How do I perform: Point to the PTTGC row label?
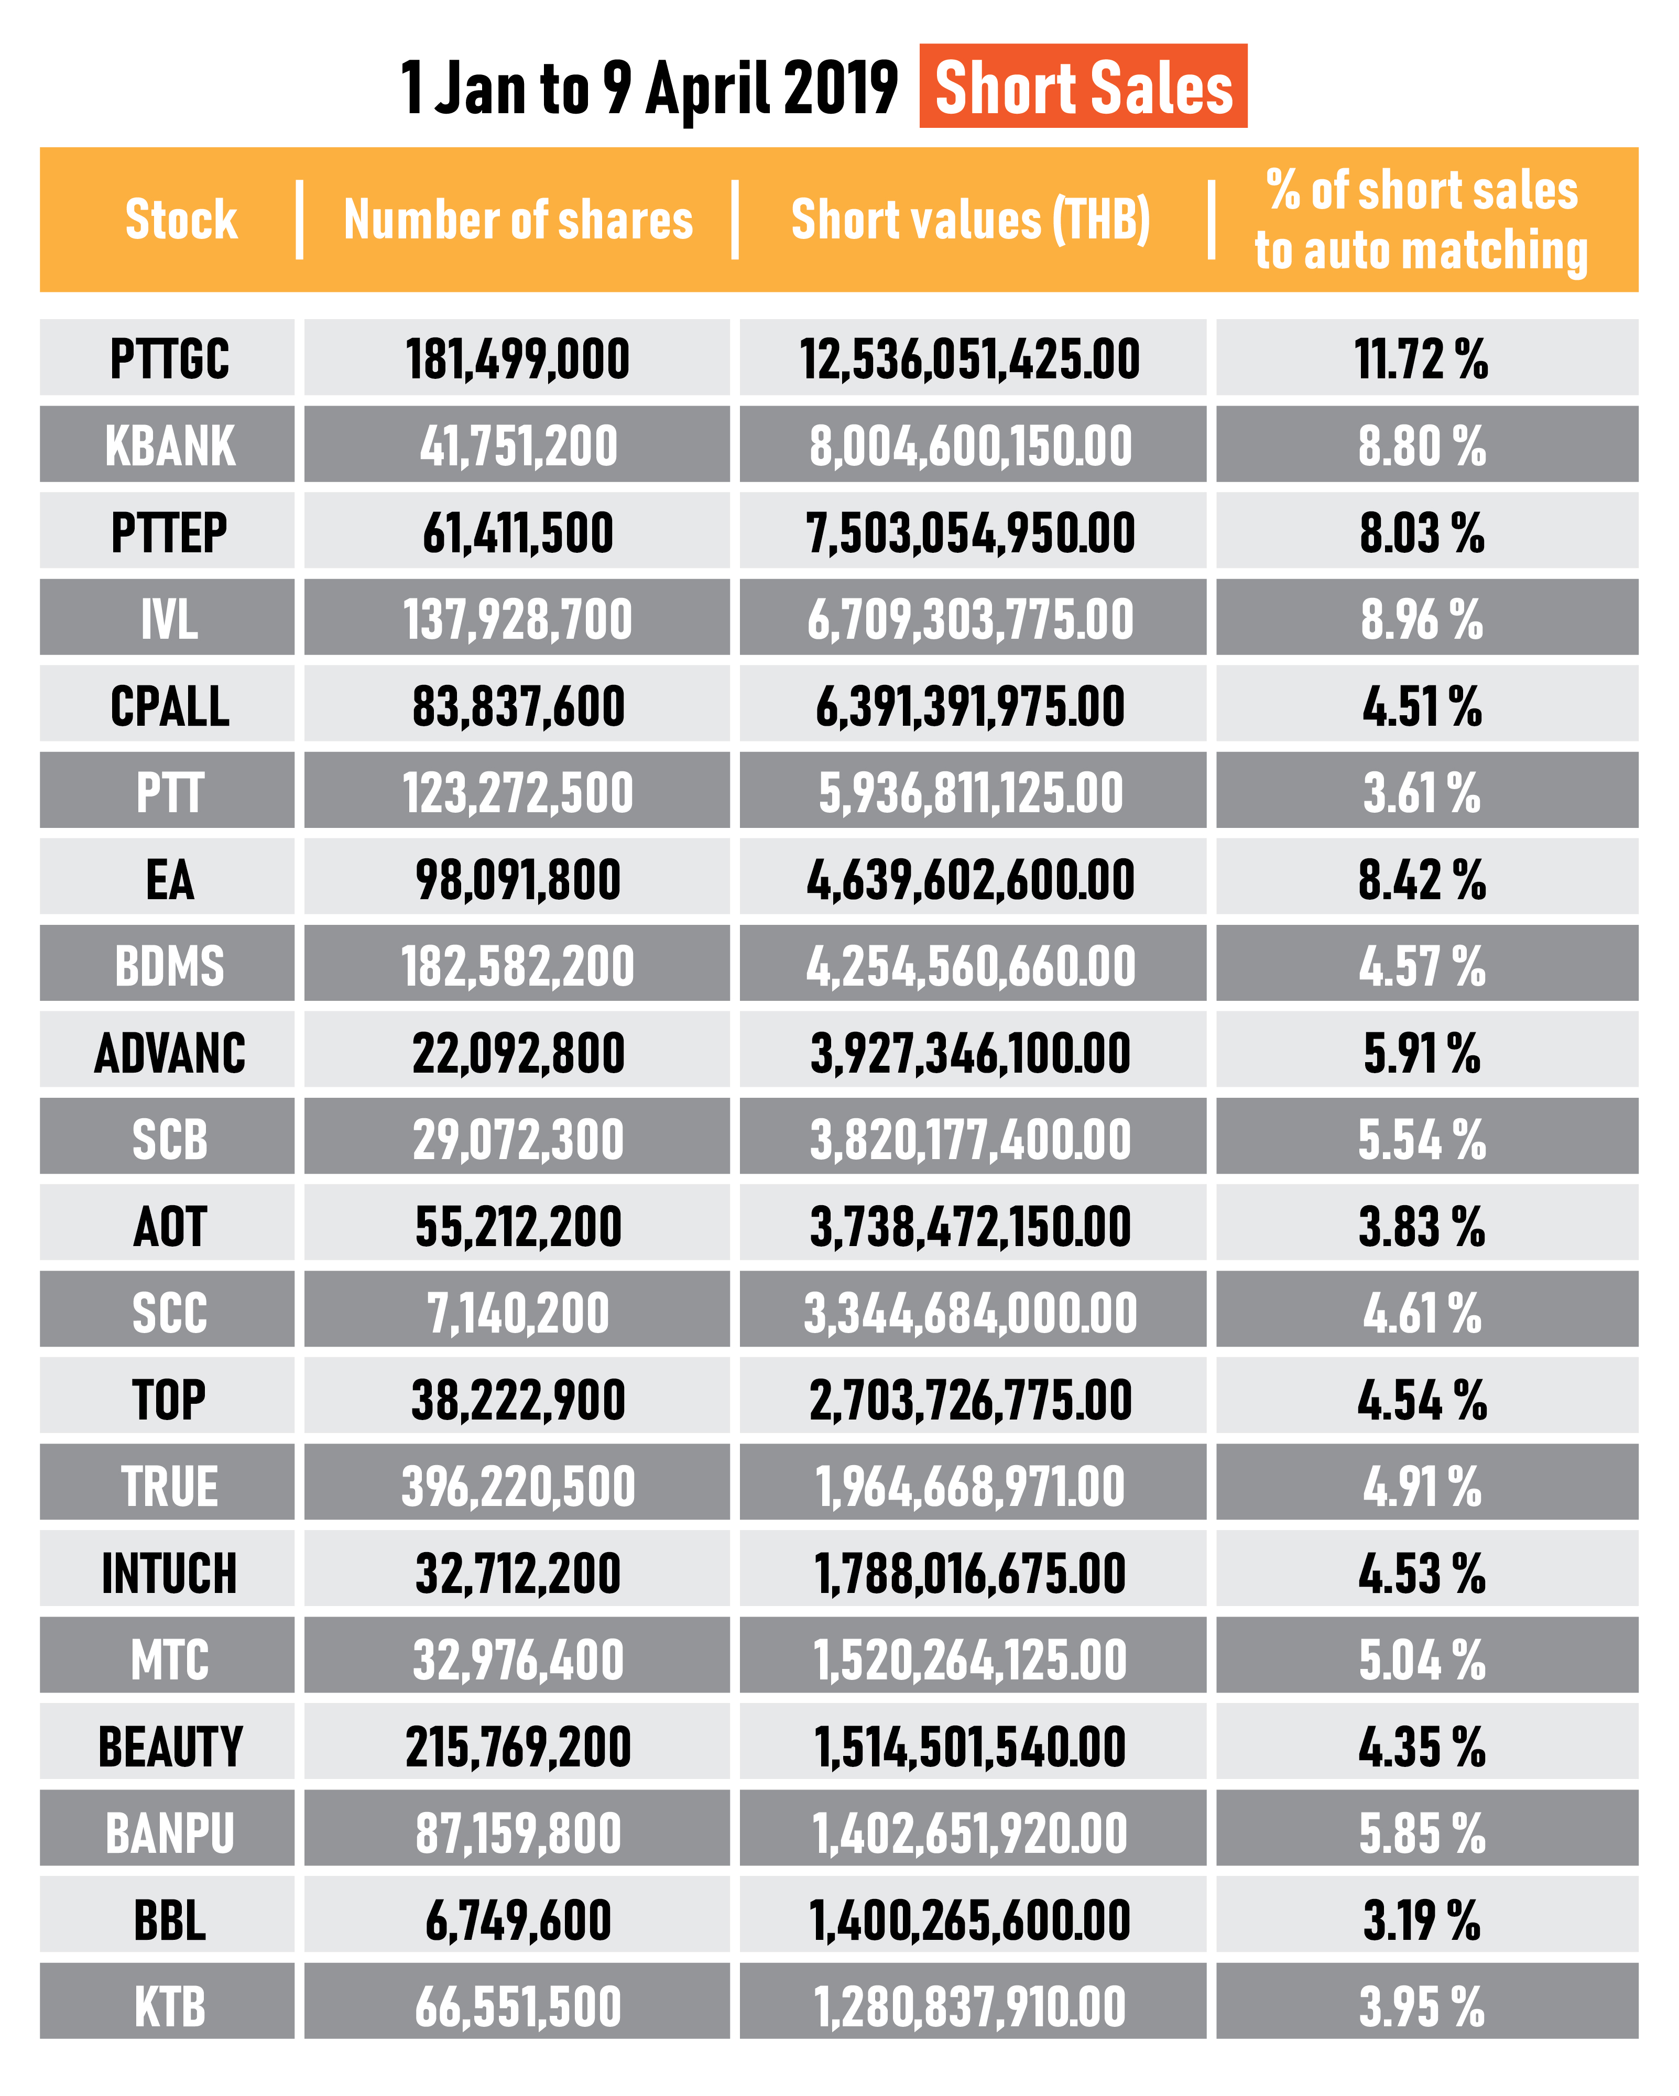(169, 359)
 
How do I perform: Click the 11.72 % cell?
(1421, 359)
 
